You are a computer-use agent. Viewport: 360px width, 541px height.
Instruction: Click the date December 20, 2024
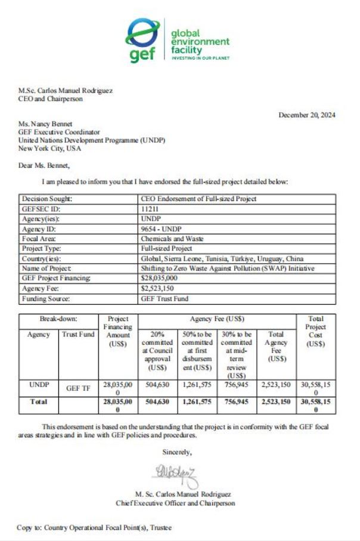click(x=306, y=115)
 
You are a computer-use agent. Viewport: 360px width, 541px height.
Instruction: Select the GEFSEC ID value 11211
click(x=148, y=208)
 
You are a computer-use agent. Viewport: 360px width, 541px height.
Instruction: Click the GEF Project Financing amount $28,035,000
click(x=159, y=279)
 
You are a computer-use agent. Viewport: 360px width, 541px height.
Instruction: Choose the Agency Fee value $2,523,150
click(x=157, y=288)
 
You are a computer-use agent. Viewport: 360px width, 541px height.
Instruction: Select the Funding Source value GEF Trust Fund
click(x=163, y=298)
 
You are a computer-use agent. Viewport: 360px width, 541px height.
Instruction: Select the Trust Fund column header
click(x=78, y=335)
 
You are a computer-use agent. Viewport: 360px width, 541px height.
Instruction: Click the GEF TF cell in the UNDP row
click(x=78, y=388)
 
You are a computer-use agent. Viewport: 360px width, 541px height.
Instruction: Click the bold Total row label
click(x=39, y=402)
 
